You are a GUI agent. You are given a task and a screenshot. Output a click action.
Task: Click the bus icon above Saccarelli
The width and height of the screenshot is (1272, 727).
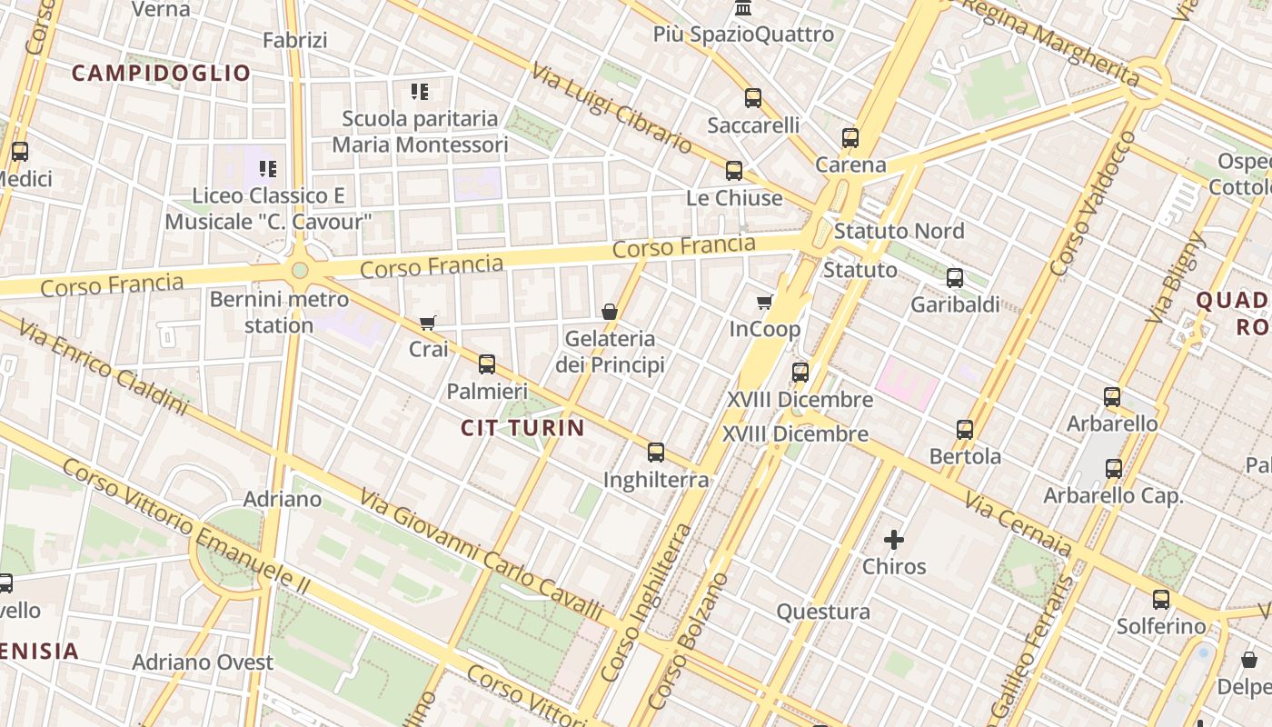[x=752, y=98]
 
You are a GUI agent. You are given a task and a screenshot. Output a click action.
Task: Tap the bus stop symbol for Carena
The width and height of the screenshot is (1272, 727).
[x=850, y=138]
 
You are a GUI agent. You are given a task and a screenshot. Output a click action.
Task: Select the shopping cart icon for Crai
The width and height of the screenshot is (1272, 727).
[x=428, y=323]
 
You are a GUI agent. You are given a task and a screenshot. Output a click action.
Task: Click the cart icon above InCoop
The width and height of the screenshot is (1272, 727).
[x=765, y=302]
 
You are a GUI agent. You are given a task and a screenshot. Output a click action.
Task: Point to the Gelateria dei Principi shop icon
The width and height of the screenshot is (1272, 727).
[x=610, y=312]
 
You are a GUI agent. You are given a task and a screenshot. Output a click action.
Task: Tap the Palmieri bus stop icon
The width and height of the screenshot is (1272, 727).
[x=487, y=364]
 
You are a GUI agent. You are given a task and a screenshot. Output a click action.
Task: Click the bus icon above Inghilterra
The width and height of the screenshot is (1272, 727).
[x=656, y=452]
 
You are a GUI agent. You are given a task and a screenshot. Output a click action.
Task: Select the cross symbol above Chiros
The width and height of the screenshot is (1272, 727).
[x=894, y=540]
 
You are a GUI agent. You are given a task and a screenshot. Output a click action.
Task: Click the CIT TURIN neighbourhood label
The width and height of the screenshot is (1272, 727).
[x=522, y=427]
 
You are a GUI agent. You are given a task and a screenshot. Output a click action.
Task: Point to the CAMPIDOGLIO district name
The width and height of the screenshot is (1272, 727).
[x=161, y=74]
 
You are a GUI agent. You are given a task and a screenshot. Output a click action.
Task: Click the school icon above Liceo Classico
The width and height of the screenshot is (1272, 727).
[x=267, y=168]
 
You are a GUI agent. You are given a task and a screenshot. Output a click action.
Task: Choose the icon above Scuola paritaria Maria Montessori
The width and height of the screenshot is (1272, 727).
[x=419, y=91]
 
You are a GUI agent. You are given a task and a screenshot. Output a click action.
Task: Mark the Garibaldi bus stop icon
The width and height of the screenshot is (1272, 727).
[x=955, y=278]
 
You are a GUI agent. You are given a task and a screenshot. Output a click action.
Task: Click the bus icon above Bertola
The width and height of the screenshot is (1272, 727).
[x=965, y=429]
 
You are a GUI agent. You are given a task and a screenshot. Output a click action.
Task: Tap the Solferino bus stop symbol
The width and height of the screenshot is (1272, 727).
[x=1161, y=599]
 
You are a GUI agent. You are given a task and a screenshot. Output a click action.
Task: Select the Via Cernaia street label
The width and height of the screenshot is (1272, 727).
[x=1018, y=524]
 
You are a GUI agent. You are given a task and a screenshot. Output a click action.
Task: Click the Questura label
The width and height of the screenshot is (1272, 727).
[x=823, y=612]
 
